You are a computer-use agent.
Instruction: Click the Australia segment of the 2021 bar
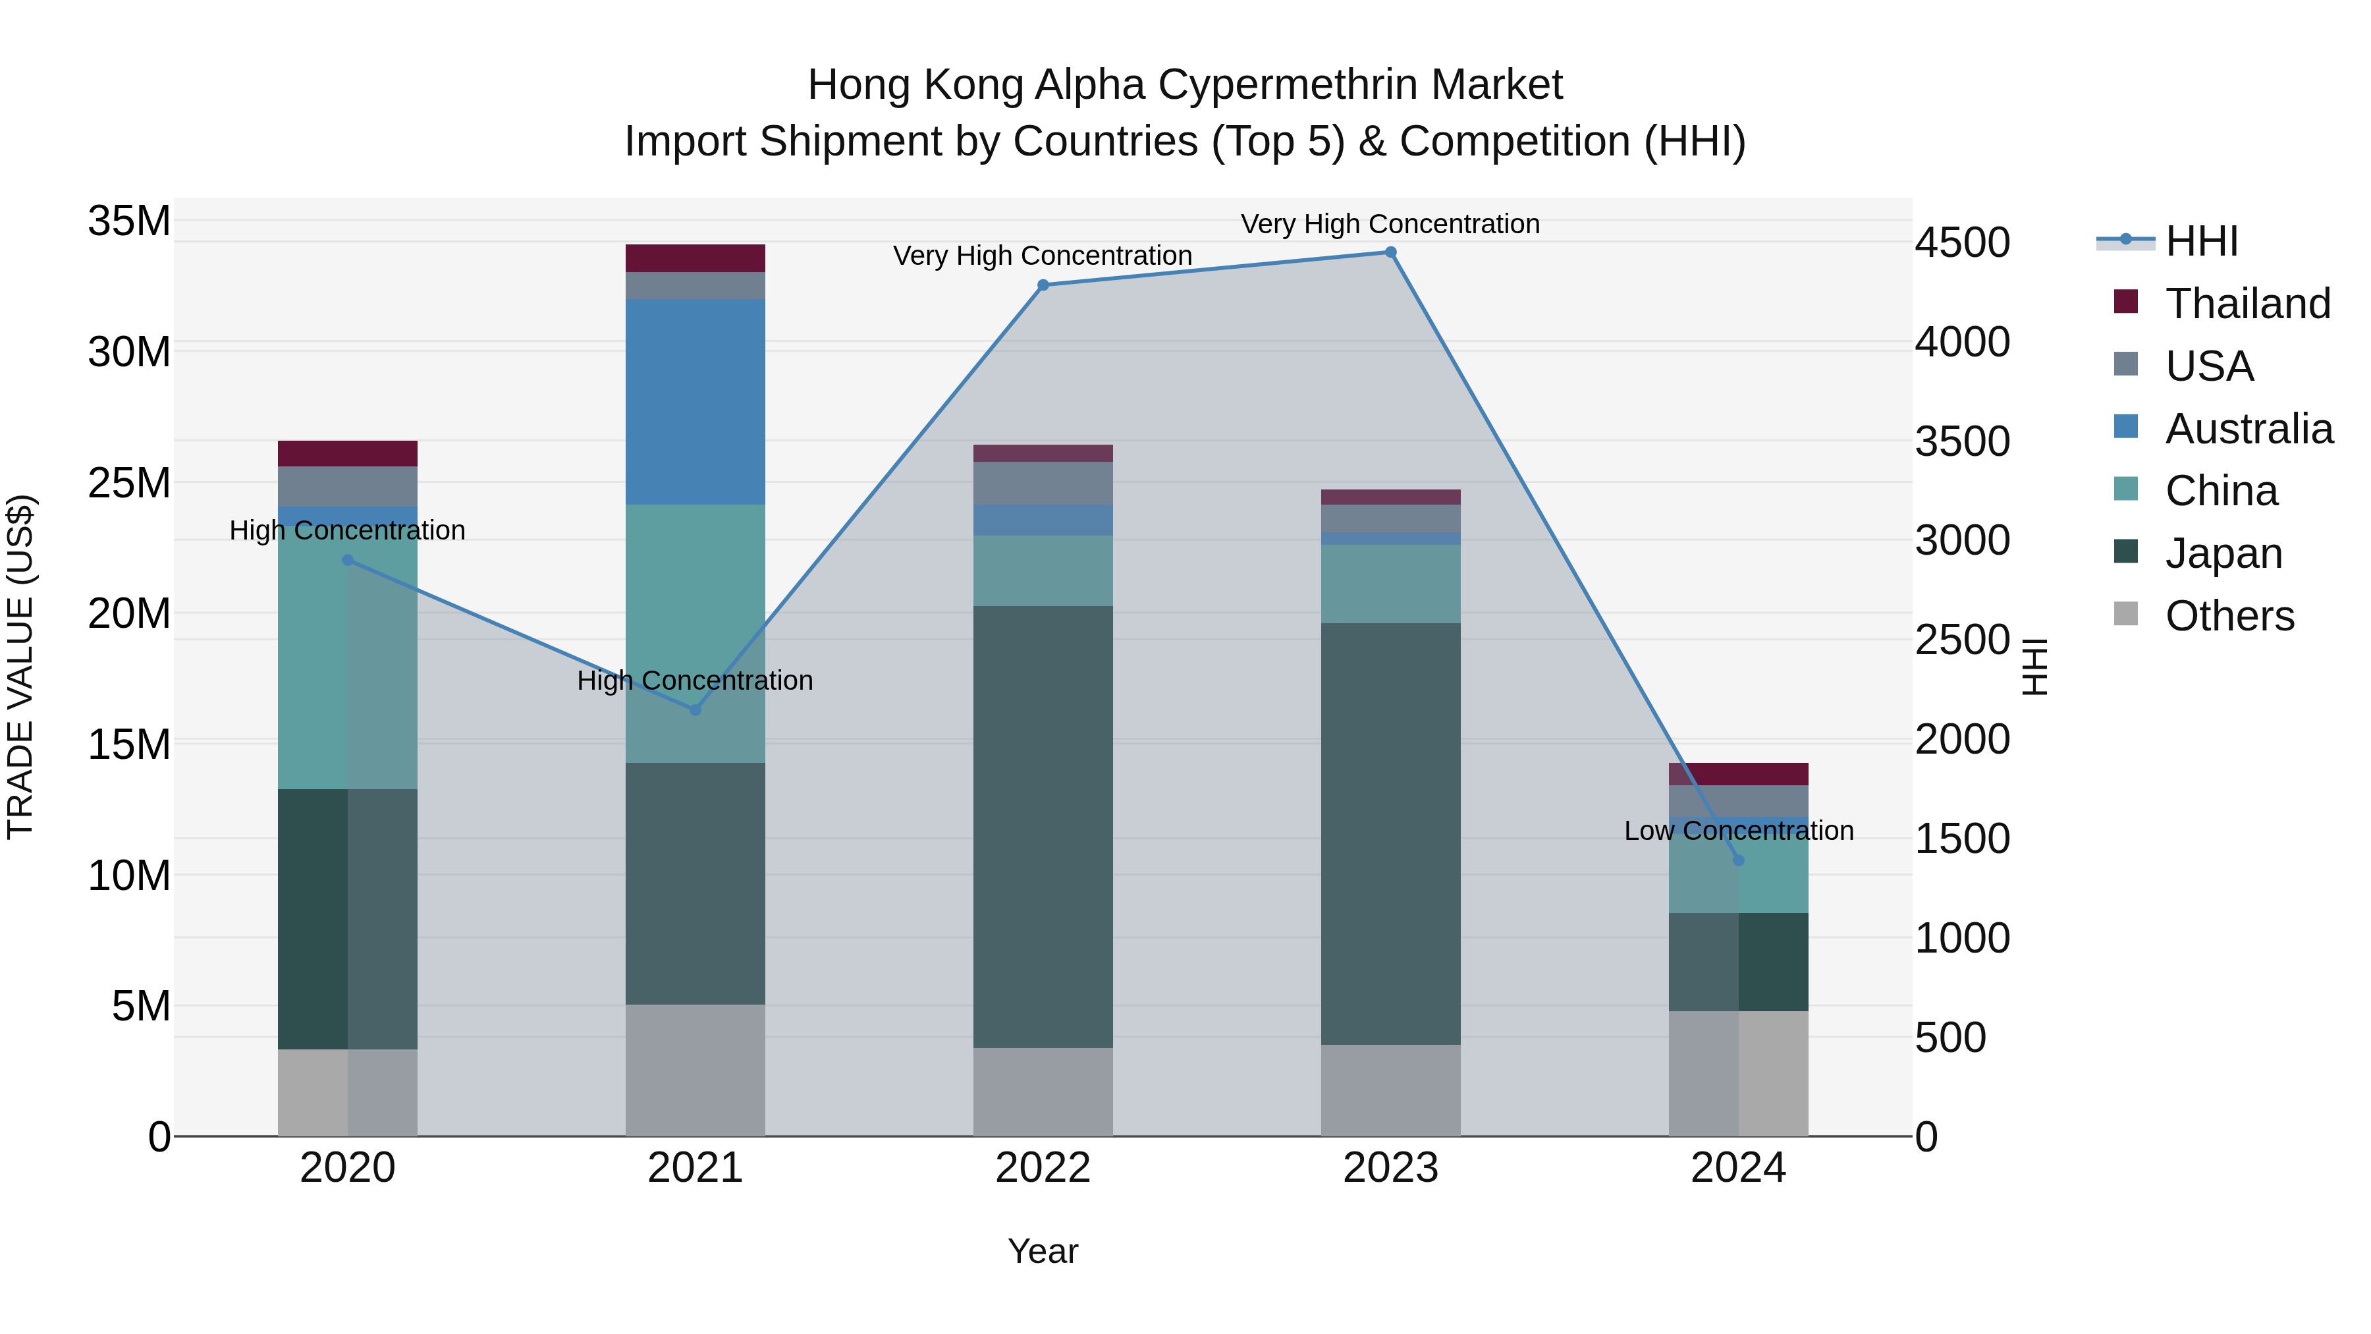tap(695, 401)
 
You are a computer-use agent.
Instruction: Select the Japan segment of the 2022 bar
tap(1043, 826)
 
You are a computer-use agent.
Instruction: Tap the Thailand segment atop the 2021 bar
tap(695, 258)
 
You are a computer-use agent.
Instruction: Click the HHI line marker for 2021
tap(695, 709)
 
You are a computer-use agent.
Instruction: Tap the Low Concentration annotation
tap(1738, 831)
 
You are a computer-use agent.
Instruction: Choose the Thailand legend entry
tap(2247, 304)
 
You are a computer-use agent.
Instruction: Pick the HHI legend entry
tap(2200, 241)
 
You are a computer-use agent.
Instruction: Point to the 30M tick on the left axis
tap(129, 352)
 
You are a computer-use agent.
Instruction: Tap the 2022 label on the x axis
tap(1043, 1168)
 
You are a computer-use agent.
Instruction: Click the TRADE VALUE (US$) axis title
tap(20, 667)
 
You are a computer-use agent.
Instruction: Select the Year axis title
tap(1043, 1251)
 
